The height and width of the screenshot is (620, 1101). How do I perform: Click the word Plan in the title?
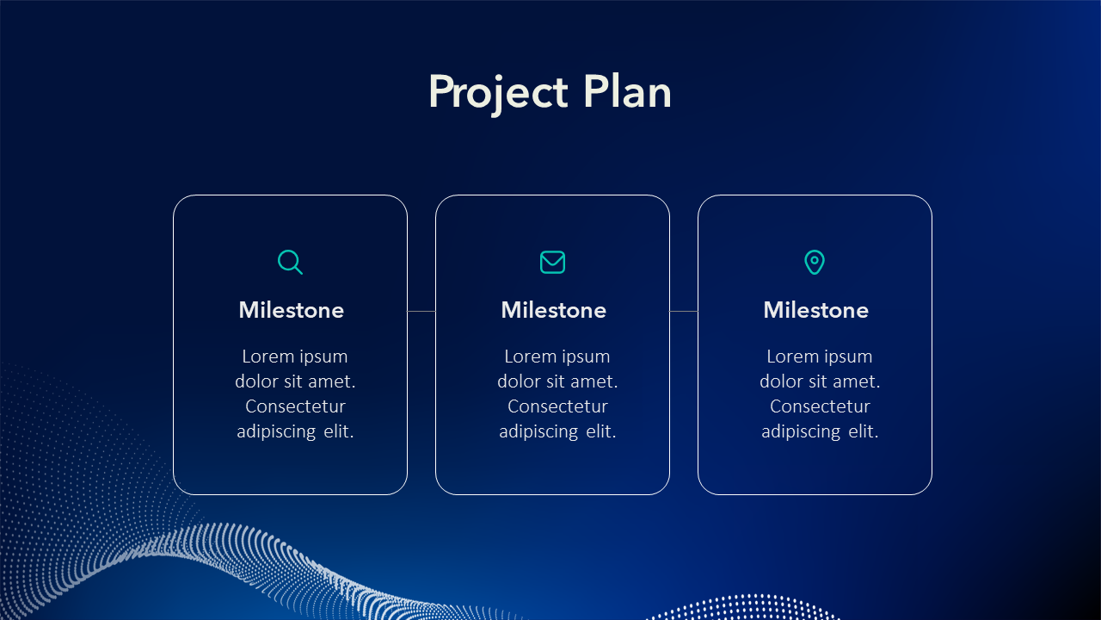pos(627,91)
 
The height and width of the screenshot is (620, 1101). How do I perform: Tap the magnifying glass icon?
pos(290,262)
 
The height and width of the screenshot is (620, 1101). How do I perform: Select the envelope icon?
pos(552,262)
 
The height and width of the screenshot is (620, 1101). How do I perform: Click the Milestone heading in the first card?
pos(291,310)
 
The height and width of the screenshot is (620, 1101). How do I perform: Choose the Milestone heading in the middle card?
pos(553,310)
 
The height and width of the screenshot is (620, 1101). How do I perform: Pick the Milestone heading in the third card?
pos(816,310)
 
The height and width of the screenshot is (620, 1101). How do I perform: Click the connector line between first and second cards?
pos(421,311)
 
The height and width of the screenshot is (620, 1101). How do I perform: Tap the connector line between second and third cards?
pos(684,311)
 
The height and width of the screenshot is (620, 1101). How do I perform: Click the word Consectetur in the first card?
pos(295,406)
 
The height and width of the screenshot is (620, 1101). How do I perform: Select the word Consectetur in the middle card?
pos(558,406)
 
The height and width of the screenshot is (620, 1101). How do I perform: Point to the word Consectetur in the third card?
pos(820,406)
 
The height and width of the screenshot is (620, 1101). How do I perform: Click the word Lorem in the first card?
pos(267,356)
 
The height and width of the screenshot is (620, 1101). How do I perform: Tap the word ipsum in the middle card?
pos(587,357)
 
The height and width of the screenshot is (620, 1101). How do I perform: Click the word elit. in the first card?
pos(339,431)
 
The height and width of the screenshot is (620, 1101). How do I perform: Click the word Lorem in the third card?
pos(792,356)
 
